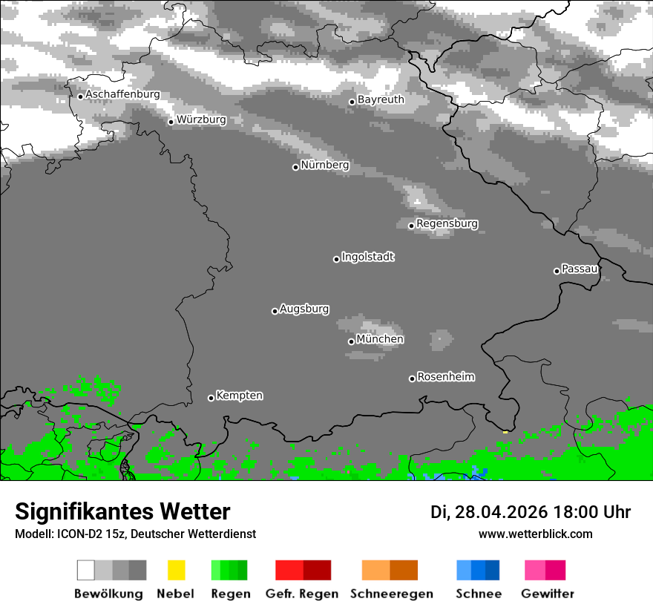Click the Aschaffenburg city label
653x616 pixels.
122,95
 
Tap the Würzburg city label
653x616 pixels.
201,119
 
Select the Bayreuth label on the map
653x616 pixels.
381,99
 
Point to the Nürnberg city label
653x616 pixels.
325,165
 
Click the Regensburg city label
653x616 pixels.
447,223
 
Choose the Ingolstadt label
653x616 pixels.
368,257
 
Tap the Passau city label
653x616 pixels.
580,269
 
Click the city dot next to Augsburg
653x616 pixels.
275,311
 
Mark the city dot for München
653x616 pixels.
352,341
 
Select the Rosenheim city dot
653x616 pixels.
413,379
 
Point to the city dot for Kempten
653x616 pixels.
211,398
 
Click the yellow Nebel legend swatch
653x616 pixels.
176,570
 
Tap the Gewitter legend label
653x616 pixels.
548,594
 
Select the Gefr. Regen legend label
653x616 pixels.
302,594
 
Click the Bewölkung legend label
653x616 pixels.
108,594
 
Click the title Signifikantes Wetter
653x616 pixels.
122,511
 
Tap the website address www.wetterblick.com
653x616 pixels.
535,534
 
